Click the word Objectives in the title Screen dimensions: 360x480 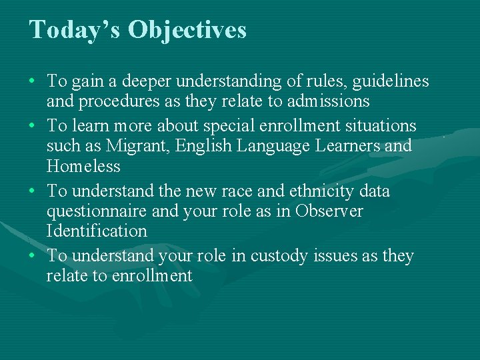pos(187,31)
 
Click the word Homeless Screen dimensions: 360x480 pos(83,166)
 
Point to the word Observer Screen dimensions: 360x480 pos(331,211)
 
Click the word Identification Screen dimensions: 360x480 pos(97,231)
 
